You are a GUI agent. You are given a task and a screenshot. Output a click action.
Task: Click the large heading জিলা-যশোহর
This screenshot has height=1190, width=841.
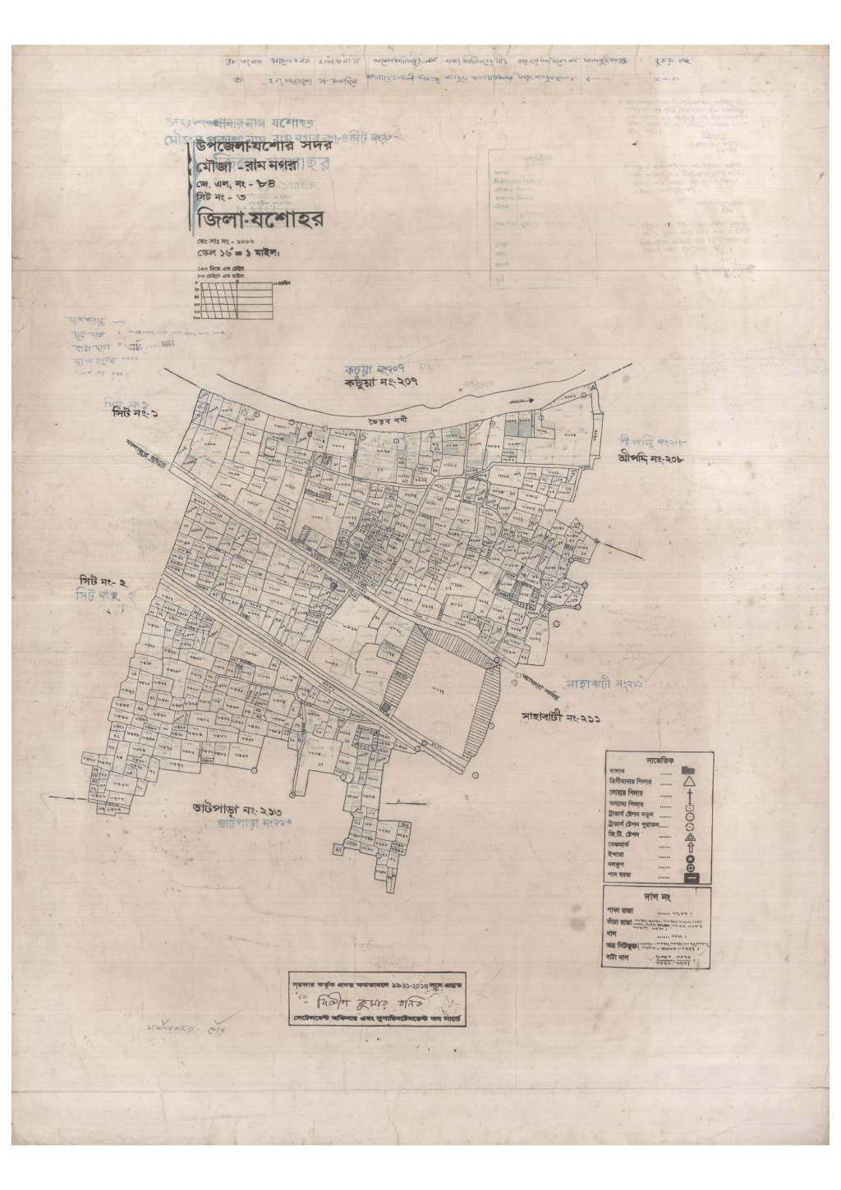(256, 219)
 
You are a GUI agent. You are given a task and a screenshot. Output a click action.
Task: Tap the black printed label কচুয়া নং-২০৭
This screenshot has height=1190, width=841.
(380, 383)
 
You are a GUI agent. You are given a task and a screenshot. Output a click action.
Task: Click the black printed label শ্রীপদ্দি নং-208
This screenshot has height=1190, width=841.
(650, 458)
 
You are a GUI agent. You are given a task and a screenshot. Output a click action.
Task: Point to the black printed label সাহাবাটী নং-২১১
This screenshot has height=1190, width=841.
(561, 717)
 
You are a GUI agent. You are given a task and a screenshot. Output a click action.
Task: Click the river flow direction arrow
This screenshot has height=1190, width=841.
(522, 400)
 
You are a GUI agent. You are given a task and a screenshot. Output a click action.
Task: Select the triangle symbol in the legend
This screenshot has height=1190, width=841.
(690, 783)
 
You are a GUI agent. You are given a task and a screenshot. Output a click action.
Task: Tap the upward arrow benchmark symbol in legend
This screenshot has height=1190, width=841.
(691, 846)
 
